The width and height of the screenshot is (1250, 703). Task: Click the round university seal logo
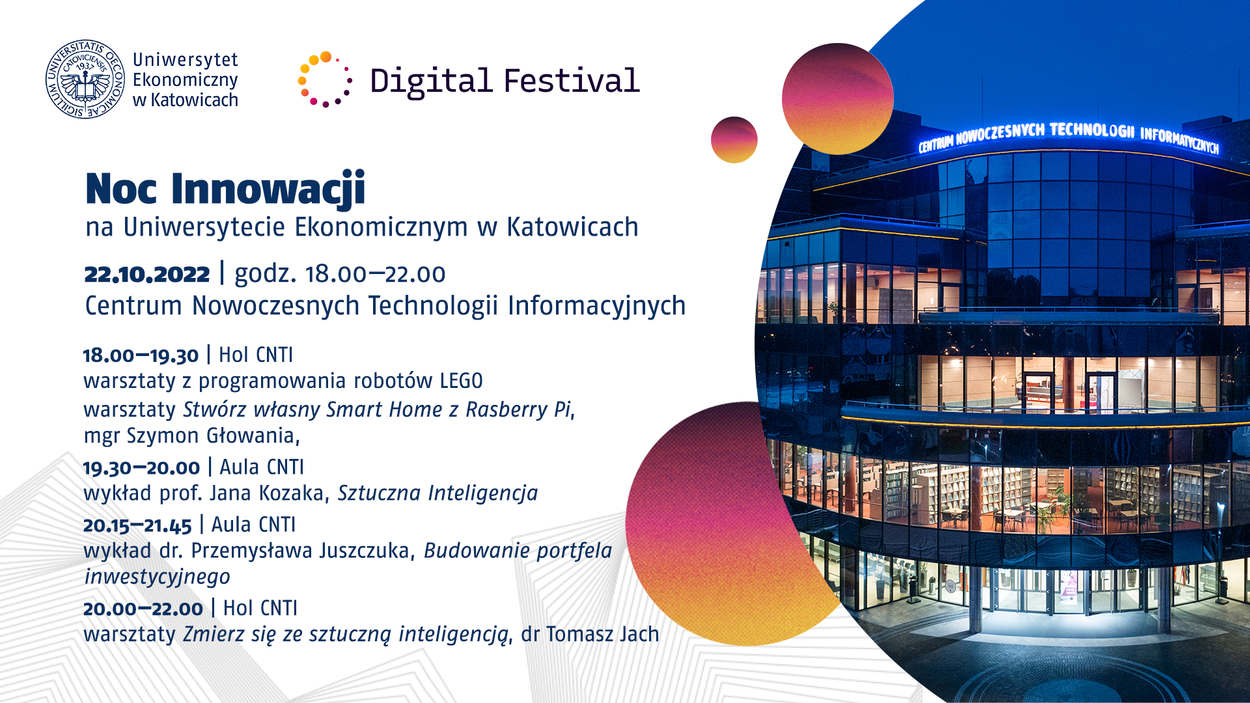85,79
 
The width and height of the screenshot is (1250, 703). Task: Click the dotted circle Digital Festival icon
325,79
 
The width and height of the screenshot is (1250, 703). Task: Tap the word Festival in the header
572,81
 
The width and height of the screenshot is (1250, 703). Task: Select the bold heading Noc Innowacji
225,189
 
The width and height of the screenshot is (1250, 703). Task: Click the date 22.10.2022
147,274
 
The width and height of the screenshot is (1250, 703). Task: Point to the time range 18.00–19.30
141,355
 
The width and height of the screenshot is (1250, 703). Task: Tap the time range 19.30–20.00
141,467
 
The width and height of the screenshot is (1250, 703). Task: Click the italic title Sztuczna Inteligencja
437,493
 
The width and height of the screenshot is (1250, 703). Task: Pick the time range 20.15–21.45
137,525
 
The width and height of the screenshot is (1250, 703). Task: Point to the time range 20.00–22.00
143,609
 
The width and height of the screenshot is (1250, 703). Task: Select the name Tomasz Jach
603,634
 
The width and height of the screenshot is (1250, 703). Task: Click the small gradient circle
734,140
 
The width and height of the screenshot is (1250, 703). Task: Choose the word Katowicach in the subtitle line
572,227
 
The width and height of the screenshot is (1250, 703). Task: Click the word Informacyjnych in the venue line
597,306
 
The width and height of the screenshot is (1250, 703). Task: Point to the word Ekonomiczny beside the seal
186,80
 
